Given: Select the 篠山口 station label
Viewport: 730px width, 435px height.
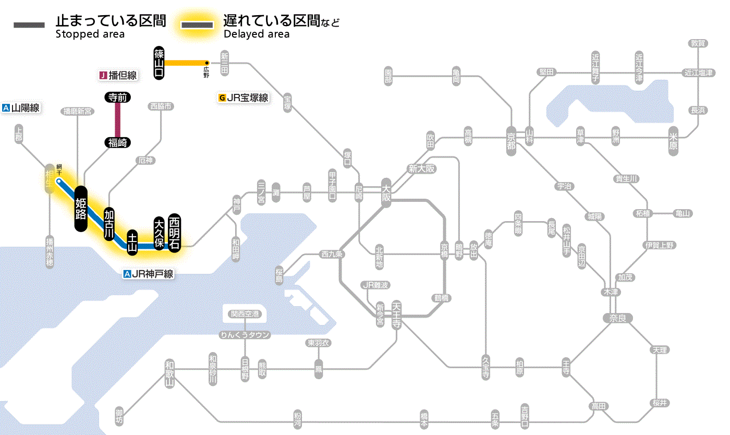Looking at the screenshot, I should pyautogui.click(x=159, y=63).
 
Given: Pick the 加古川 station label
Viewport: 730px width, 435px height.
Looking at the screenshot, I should pyautogui.click(x=109, y=224).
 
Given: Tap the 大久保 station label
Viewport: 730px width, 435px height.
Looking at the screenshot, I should pyautogui.click(x=159, y=233).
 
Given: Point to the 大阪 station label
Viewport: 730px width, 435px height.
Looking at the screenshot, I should pyautogui.click(x=386, y=194).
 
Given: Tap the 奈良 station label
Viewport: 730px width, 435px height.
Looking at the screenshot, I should pyautogui.click(x=617, y=318).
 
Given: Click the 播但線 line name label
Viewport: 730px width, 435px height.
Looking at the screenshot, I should pyautogui.click(x=118, y=76).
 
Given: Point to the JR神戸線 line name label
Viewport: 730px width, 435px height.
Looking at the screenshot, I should pyautogui.click(x=148, y=274).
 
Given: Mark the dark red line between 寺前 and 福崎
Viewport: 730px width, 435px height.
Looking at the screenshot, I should pyautogui.click(x=118, y=119).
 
